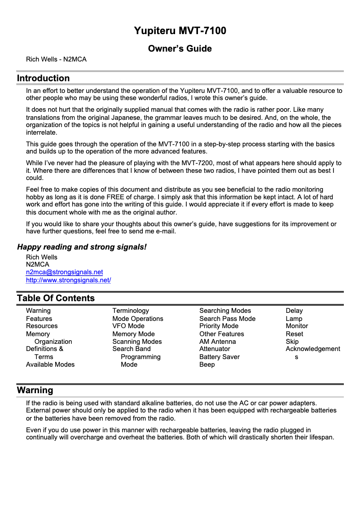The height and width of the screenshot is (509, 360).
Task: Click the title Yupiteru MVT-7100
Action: tap(180, 31)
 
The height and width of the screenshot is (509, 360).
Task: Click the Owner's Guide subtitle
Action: tap(180, 48)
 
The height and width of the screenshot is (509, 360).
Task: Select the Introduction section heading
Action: tap(43, 79)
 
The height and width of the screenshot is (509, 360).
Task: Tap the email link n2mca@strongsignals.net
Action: tap(64, 272)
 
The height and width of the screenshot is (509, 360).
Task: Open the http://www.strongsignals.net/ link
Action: tap(68, 280)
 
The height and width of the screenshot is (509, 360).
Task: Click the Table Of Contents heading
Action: tap(56, 298)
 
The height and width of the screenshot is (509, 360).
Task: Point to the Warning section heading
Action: tap(35, 390)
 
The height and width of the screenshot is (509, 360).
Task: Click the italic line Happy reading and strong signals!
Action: tap(82, 247)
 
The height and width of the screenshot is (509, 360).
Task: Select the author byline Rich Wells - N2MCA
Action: tap(56, 59)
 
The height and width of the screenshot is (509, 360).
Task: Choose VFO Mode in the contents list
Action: tap(128, 326)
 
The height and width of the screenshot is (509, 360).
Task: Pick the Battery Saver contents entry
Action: tap(220, 357)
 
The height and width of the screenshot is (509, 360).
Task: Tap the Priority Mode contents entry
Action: tap(219, 326)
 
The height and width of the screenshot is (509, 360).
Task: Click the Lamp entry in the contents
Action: tap(294, 319)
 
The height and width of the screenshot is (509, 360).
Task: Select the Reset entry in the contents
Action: tap(294, 334)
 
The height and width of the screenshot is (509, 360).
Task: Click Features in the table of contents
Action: tap(39, 319)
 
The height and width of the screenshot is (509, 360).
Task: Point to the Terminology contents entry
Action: tap(131, 311)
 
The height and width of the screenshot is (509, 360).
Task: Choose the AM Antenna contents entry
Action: tap(217, 342)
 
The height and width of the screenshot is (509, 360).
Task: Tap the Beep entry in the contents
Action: tap(207, 364)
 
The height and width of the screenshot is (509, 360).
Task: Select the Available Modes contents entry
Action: tap(50, 364)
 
